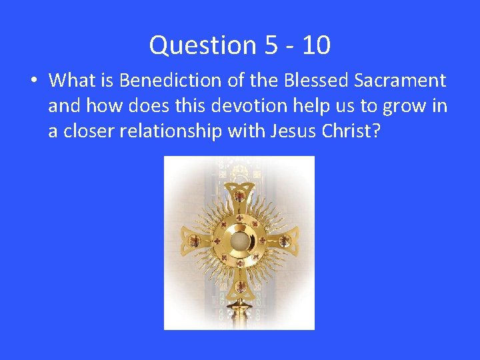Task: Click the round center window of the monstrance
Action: click(x=240, y=240)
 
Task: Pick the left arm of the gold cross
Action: click(x=193, y=240)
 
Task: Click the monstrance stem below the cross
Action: click(x=239, y=317)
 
